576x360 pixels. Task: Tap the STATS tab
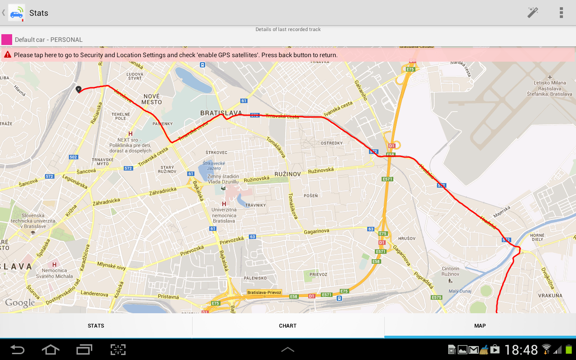(96, 326)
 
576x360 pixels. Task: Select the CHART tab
(288, 326)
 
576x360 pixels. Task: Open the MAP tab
(480, 326)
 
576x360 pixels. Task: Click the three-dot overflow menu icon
(561, 13)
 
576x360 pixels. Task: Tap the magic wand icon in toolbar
(533, 13)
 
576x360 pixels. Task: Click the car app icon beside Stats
(17, 13)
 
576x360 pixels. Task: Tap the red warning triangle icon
(7, 55)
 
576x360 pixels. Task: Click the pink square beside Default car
(7, 40)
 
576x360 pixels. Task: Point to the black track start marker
(79, 89)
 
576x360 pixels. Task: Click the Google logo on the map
(20, 303)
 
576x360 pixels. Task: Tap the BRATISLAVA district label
(221, 113)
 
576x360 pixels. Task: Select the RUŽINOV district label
(287, 174)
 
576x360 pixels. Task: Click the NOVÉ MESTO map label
(152, 99)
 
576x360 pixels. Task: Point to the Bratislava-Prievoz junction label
(264, 292)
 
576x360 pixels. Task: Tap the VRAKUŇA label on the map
(550, 296)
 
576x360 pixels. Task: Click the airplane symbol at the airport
(550, 77)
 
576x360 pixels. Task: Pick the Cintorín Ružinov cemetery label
(450, 271)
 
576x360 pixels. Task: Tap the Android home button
(50, 350)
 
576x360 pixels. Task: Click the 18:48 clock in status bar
(521, 350)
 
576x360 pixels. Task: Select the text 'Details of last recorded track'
(288, 29)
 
